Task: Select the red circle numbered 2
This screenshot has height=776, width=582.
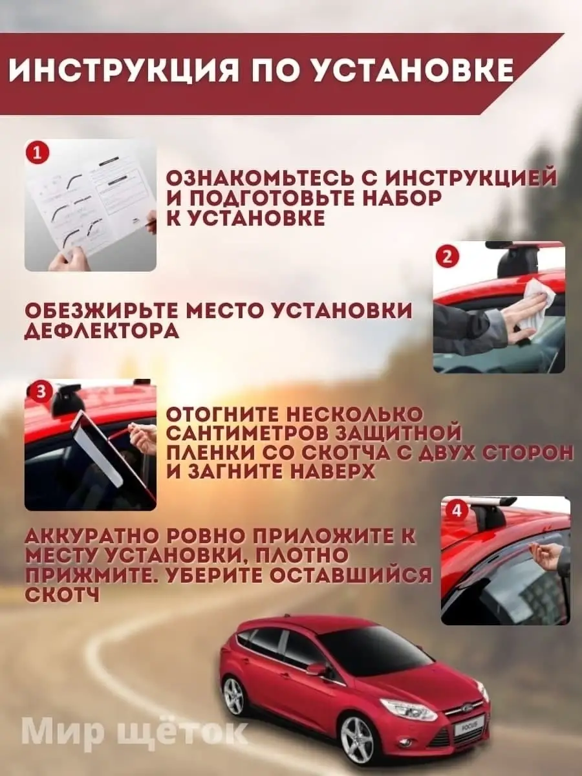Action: pos(447,258)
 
